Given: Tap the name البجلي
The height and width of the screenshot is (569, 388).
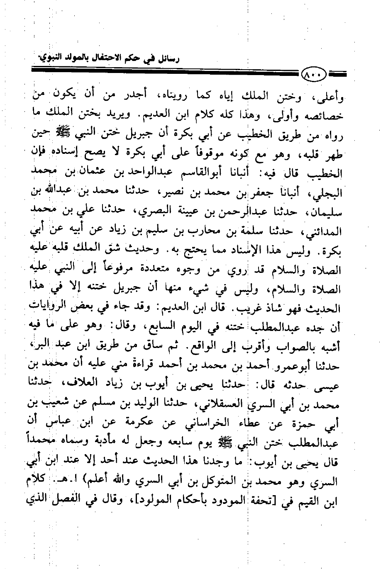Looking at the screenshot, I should (x=327, y=193).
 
